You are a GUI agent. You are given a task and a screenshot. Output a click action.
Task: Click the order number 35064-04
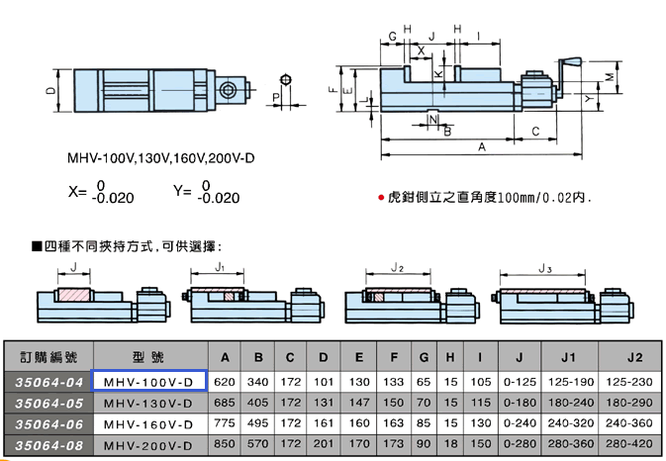click(x=48, y=383)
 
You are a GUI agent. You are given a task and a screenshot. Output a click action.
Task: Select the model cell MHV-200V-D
click(x=148, y=446)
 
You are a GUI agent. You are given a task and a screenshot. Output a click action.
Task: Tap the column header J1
click(x=568, y=357)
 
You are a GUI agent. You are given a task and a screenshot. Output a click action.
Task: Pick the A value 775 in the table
click(x=225, y=423)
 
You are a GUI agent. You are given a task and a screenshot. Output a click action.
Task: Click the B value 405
click(x=258, y=403)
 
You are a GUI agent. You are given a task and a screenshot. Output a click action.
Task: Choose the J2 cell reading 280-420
click(x=629, y=444)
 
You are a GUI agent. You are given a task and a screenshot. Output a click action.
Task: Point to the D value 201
click(x=324, y=444)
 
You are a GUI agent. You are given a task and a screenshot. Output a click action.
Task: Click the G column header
click(x=424, y=357)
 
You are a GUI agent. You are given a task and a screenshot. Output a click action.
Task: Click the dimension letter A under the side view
click(x=482, y=146)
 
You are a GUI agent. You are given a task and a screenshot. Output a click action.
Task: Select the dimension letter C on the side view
click(x=535, y=132)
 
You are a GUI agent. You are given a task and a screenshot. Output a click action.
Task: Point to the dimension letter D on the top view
click(x=50, y=90)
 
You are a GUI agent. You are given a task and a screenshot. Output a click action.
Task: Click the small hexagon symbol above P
click(x=286, y=80)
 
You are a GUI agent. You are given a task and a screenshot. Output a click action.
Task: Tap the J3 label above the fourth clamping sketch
click(x=545, y=268)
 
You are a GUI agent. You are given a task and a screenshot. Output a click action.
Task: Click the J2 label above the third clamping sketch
click(x=397, y=267)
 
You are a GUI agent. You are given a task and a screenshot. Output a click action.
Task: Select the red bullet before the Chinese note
click(x=381, y=198)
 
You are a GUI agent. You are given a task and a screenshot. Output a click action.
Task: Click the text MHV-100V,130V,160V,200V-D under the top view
click(x=161, y=158)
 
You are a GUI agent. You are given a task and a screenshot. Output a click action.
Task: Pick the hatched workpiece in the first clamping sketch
click(x=74, y=295)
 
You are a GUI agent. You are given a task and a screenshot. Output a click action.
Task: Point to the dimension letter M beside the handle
click(x=610, y=77)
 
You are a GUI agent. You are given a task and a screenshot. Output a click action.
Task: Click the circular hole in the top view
click(x=228, y=90)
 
